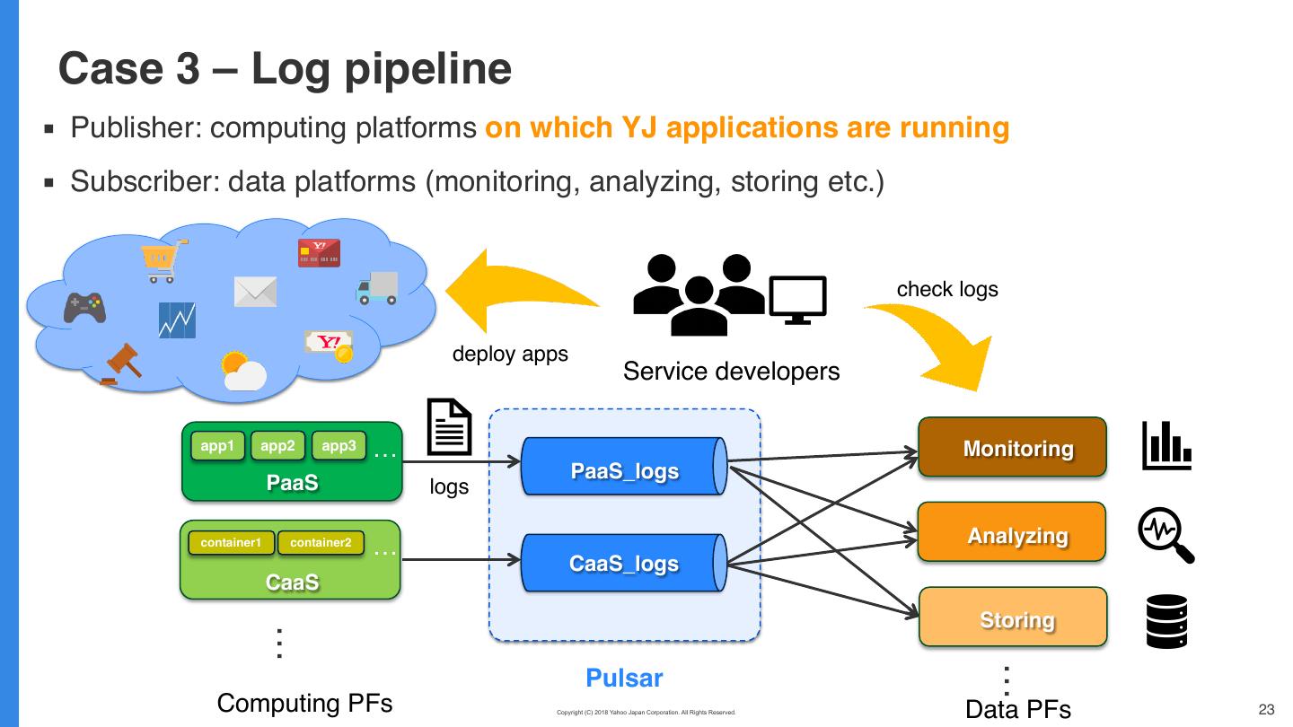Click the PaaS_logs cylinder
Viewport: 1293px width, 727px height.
[625, 466]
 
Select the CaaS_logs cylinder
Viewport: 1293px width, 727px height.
[625, 564]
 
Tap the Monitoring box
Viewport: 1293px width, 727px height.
[1012, 447]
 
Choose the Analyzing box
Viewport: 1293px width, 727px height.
[1012, 532]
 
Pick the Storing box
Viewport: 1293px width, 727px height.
[1012, 617]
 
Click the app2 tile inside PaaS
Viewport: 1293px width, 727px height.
[277, 445]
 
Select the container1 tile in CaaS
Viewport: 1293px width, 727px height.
[231, 542]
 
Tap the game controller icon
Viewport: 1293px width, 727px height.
[84, 307]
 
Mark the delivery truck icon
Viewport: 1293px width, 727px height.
[377, 287]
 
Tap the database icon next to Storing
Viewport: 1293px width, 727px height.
[1166, 621]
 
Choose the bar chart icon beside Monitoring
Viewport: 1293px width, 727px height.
[1166, 446]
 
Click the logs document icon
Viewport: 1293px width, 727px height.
[449, 427]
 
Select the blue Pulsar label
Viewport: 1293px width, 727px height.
[624, 678]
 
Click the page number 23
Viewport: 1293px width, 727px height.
[1267, 709]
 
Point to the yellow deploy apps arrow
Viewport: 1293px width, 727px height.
[516, 296]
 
